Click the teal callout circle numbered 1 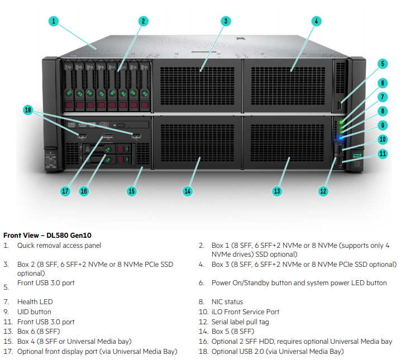[x=54, y=21]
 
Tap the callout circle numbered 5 [x=383, y=64]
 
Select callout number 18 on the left [x=28, y=110]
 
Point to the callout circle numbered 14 [x=188, y=191]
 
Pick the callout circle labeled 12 [x=323, y=191]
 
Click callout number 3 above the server [x=225, y=21]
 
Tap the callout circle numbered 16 [x=84, y=191]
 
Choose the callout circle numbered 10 [x=383, y=140]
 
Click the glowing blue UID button [x=341, y=136]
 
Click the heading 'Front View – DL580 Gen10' [x=47, y=236]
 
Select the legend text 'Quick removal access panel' [x=59, y=246]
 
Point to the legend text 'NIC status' [x=227, y=302]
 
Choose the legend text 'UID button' [x=34, y=312]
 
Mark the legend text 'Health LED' [x=35, y=302]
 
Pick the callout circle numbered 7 [x=383, y=97]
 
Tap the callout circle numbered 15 [x=132, y=191]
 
